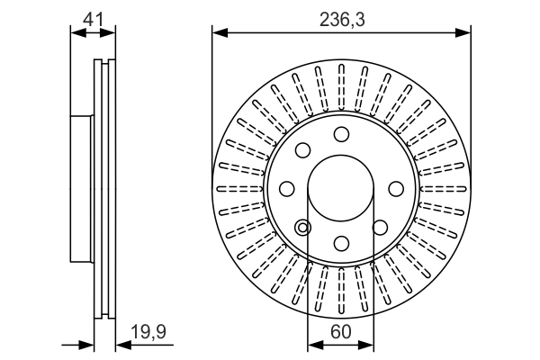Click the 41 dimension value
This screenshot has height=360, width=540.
[94, 17]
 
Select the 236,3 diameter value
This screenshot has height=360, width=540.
[342, 17]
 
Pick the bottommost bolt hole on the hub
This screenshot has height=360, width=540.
[342, 244]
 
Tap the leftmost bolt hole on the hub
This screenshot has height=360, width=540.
[287, 189]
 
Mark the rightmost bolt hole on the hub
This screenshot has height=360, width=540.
[397, 189]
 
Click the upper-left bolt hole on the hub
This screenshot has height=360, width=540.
[303, 150]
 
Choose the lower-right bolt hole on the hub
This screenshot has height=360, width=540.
[381, 228]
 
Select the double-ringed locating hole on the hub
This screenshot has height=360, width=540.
[303, 228]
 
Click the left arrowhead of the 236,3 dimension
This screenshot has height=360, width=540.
[219, 33]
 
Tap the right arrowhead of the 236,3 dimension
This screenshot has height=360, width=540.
[465, 33]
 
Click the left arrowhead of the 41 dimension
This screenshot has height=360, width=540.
[76, 33]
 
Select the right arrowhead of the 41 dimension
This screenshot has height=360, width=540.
[111, 33]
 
